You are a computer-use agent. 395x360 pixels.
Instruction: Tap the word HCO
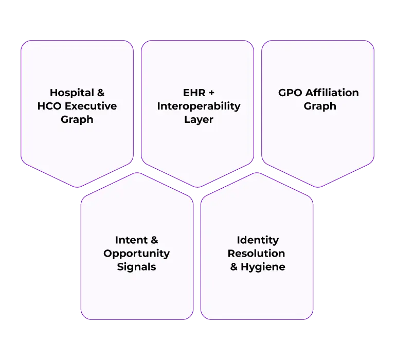coord(50,106)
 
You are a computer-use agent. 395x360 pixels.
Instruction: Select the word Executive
coord(91,106)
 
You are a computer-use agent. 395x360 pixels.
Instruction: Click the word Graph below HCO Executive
coord(77,120)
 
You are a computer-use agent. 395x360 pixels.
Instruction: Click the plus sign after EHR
coord(211,93)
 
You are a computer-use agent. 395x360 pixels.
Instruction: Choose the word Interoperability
coord(199,106)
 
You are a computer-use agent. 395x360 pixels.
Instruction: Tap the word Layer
coord(199,120)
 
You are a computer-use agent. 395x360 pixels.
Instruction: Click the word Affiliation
coord(332,93)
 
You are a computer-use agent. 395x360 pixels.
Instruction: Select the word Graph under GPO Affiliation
coord(319,106)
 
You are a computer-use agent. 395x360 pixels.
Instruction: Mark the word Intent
coord(131,240)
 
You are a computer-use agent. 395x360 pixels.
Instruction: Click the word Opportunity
coord(136,254)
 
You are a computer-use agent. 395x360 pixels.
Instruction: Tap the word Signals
coord(136,267)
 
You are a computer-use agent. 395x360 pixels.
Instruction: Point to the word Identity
coord(258,240)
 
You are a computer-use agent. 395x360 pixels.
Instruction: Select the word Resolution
coord(257,254)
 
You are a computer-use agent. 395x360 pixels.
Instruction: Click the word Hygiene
coord(263,267)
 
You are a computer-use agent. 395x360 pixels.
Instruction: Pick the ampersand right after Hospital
coord(101,93)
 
